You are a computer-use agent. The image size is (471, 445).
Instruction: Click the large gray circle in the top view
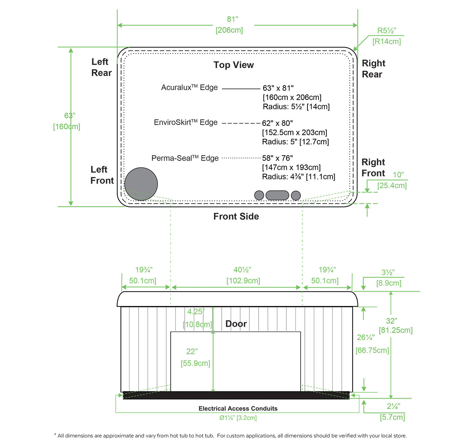(141, 184)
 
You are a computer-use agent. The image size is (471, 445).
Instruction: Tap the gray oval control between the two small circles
(277, 195)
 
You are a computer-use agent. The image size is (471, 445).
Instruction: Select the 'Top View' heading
(233, 65)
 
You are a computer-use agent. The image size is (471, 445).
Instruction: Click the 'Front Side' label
(236, 216)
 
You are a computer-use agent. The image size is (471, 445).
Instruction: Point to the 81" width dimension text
(232, 19)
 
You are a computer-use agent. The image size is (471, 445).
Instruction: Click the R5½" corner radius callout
(387, 31)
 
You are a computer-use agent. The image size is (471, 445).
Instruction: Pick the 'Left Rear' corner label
(101, 67)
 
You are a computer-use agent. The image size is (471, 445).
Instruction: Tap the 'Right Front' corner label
(373, 168)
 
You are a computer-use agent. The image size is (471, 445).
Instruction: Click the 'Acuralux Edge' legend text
(189, 87)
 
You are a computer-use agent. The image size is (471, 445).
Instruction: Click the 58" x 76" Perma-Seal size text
(278, 158)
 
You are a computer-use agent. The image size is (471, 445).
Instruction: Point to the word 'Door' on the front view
(236, 324)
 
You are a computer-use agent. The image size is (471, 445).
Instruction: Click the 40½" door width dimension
(242, 270)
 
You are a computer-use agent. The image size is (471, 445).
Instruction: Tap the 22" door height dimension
(192, 351)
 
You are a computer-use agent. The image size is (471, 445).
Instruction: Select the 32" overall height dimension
(391, 321)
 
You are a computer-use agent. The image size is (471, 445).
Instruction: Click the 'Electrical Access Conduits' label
(238, 408)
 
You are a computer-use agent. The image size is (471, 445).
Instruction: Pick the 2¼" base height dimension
(393, 406)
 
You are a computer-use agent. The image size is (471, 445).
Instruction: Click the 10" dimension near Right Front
(398, 175)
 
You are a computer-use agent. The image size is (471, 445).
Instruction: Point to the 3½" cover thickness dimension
(388, 272)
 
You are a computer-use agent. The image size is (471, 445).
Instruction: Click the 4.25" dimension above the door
(196, 311)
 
